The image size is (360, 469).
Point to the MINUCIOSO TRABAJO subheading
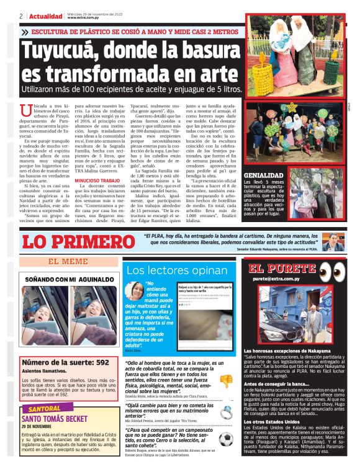96,181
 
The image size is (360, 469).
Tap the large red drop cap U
26,112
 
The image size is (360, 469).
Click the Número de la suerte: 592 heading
66,362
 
